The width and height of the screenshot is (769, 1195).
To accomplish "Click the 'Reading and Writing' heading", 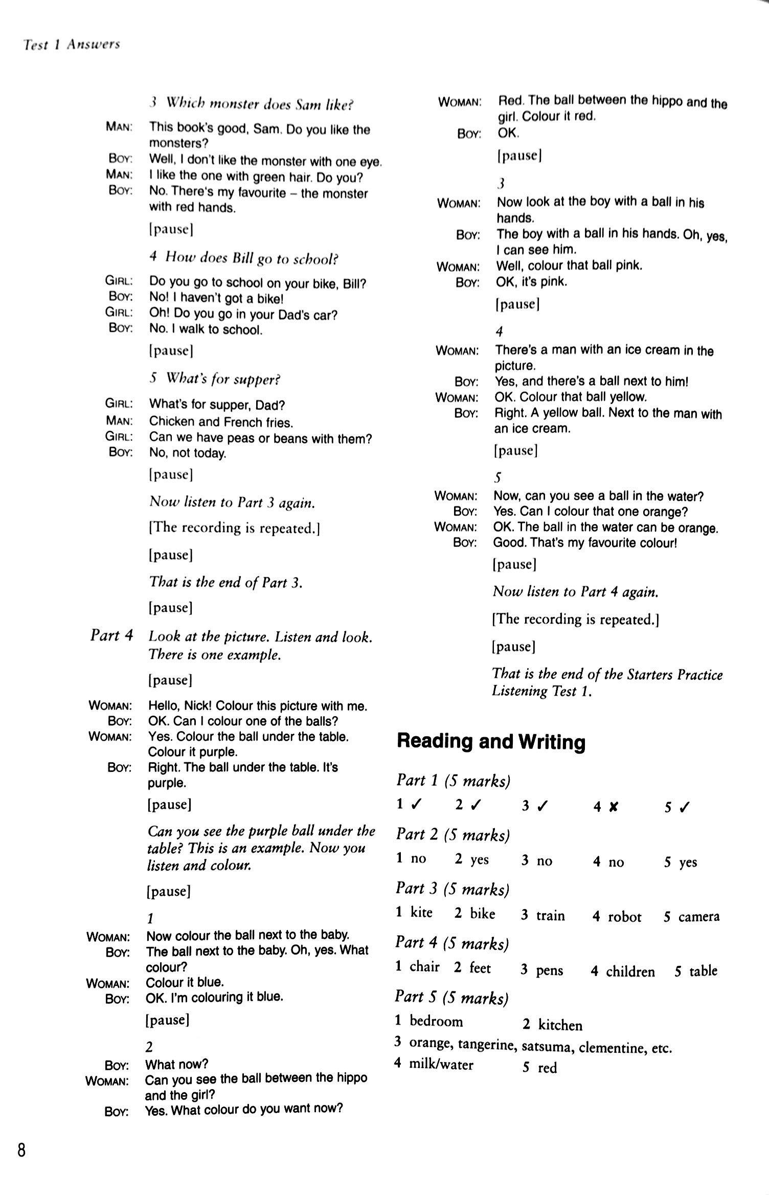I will coord(491,741).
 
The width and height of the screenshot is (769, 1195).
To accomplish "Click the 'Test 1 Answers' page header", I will coord(71,45).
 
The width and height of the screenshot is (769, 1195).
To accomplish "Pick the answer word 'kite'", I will coord(421,913).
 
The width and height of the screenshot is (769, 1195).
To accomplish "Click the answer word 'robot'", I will coord(624,916).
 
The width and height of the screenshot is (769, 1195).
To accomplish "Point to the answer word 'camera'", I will coord(698,916).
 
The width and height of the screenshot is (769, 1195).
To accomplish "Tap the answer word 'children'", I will coord(630,971).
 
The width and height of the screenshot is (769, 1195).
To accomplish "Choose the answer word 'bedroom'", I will coord(436,1021).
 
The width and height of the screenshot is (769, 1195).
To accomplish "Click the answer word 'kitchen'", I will coord(560,1025).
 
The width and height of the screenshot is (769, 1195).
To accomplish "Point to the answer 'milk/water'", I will coord(441,1065).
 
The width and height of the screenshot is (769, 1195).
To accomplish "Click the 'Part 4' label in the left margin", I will coord(111,635).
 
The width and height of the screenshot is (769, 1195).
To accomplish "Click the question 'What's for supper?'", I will coord(223,379).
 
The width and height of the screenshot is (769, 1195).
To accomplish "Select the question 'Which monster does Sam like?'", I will coord(259,104).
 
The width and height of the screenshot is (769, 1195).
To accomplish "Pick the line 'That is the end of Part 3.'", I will coord(225,582).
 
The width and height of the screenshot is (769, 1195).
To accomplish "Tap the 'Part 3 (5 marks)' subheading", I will coord(453,889).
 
